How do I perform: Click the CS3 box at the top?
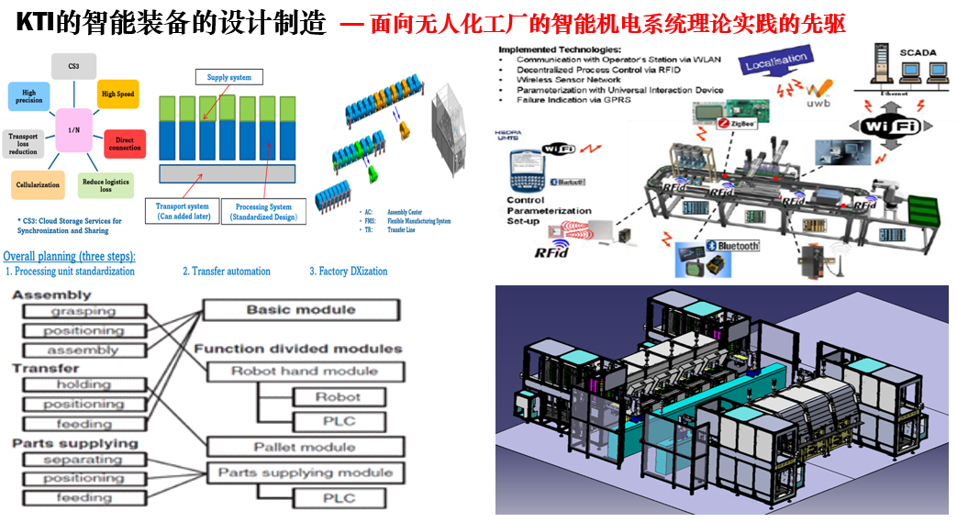point(74,67)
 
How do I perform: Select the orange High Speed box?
point(117,94)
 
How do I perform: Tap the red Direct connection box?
point(125,143)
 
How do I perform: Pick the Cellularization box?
point(38,185)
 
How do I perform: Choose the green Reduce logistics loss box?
point(105,186)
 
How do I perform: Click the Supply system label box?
point(229,78)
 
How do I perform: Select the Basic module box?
point(300,310)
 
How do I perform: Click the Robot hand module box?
point(304,372)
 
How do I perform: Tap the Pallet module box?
point(304,447)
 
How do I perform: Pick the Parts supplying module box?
point(304,472)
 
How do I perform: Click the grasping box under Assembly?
point(83,312)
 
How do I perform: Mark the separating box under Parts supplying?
point(83,460)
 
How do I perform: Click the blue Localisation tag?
point(776,63)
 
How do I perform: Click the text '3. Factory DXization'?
point(349,272)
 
